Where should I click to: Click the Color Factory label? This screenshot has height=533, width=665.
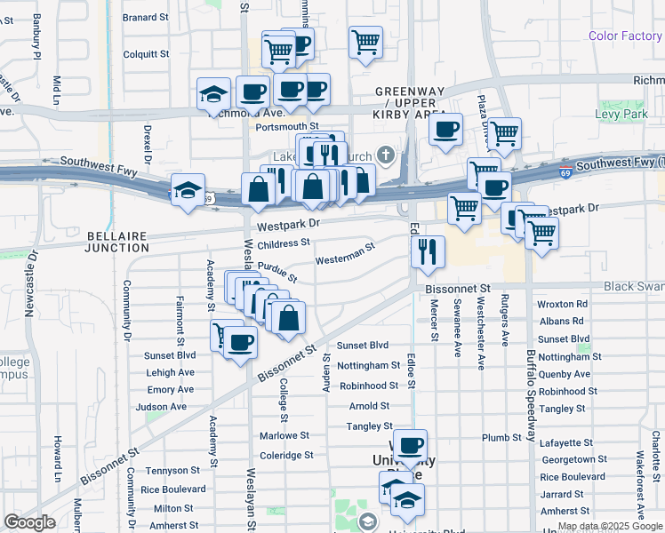625,36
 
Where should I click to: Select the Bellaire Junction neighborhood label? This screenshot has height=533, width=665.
124,242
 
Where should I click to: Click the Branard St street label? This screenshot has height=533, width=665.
145,17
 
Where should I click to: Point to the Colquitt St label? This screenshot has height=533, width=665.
146,54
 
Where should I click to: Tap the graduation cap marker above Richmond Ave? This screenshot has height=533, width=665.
214,93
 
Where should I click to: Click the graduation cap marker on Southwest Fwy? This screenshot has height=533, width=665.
188,190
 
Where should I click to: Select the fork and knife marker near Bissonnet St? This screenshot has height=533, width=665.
428,251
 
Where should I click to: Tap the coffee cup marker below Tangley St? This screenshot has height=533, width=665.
410,445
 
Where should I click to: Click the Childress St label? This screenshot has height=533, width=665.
284,243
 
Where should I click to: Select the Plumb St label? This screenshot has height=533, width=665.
501,437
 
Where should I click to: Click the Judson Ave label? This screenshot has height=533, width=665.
161,407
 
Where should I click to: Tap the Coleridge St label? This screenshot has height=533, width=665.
286,455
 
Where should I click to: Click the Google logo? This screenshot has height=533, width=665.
29,522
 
